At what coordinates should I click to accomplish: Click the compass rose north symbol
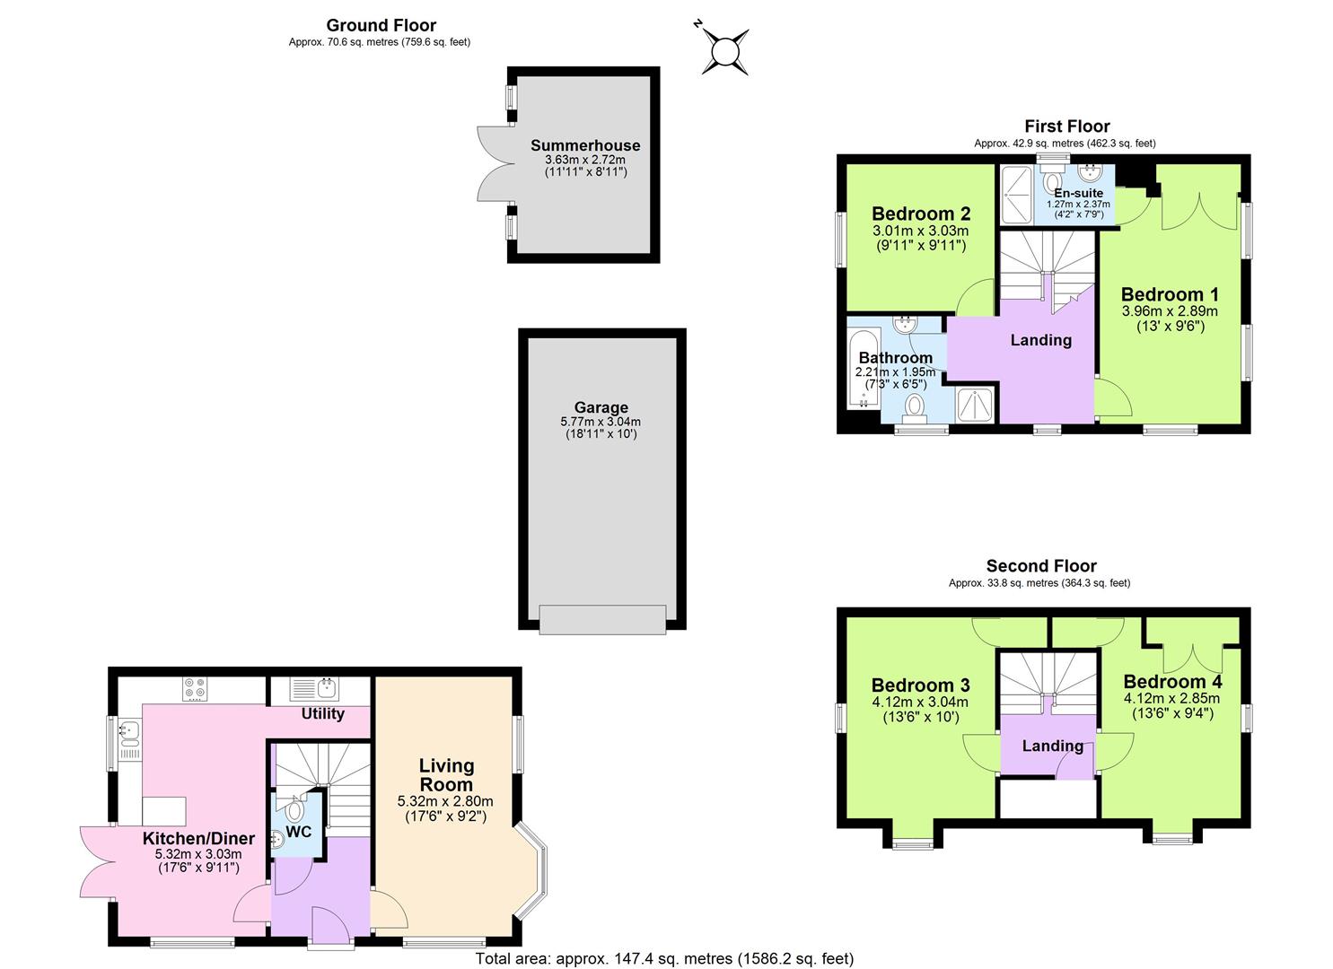(724, 49)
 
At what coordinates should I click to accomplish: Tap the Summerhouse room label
(585, 145)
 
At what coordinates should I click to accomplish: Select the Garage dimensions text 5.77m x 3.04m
(601, 421)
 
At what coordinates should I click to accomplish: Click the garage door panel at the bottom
(601, 619)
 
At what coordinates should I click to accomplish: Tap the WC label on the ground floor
(299, 832)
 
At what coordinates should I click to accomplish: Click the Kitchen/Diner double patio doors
(96, 861)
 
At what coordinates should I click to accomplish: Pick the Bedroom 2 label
(921, 214)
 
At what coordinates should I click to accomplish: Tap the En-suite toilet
(1052, 179)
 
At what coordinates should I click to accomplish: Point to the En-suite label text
(1078, 193)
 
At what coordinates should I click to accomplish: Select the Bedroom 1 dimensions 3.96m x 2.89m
(1170, 311)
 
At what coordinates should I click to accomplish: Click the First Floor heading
(1066, 127)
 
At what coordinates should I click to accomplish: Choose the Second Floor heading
(1041, 566)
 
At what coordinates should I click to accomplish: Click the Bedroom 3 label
(920, 685)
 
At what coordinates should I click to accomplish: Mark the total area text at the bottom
(664, 959)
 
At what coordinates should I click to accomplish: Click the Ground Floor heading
(381, 25)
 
